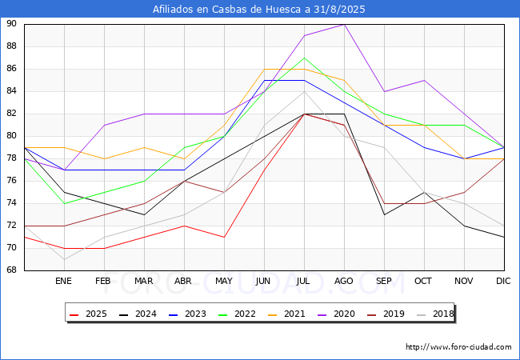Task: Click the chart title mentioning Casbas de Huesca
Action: click(258, 9)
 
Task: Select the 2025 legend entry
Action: click(89, 314)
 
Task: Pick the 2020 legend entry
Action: click(336, 314)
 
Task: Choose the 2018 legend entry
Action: click(435, 314)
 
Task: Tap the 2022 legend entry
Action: click(237, 314)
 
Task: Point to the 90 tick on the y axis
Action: click(11, 23)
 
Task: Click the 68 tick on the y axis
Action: click(11, 270)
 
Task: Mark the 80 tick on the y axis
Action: click(11, 135)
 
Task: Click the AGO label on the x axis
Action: click(343, 281)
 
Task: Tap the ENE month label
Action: click(63, 281)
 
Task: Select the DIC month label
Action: click(503, 281)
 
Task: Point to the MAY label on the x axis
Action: click(224, 281)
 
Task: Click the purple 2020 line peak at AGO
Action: click(345, 25)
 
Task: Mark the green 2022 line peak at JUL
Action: click(305, 58)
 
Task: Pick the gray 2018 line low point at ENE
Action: click(64, 259)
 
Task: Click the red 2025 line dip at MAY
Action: click(225, 237)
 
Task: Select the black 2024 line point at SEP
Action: click(384, 215)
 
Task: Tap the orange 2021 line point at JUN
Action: click(264, 69)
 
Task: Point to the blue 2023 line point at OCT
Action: click(425, 147)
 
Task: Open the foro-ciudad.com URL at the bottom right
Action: click(458, 347)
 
